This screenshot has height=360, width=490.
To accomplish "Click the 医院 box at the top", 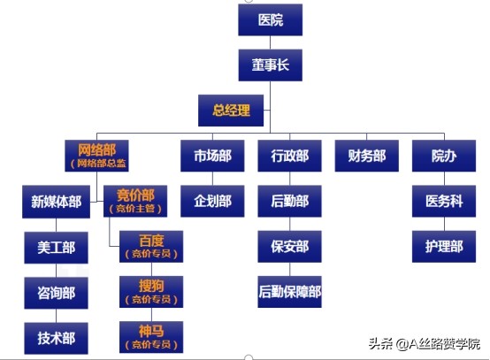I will pos(271,19).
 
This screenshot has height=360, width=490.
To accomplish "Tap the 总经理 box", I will pos(231,111).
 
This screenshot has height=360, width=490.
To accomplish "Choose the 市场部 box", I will pos(212,156).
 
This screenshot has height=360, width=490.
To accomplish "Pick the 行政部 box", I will pos(289,156).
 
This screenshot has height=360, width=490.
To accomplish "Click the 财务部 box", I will pos(361,156).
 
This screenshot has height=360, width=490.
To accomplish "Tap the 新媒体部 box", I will pos(56,202).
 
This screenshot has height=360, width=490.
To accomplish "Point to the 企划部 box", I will pos(212,202).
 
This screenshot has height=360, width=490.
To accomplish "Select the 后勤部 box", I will pos(289,202).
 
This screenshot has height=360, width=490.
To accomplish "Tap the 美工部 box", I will pos(56,247).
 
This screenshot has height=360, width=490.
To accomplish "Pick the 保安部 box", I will pos(289,247).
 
